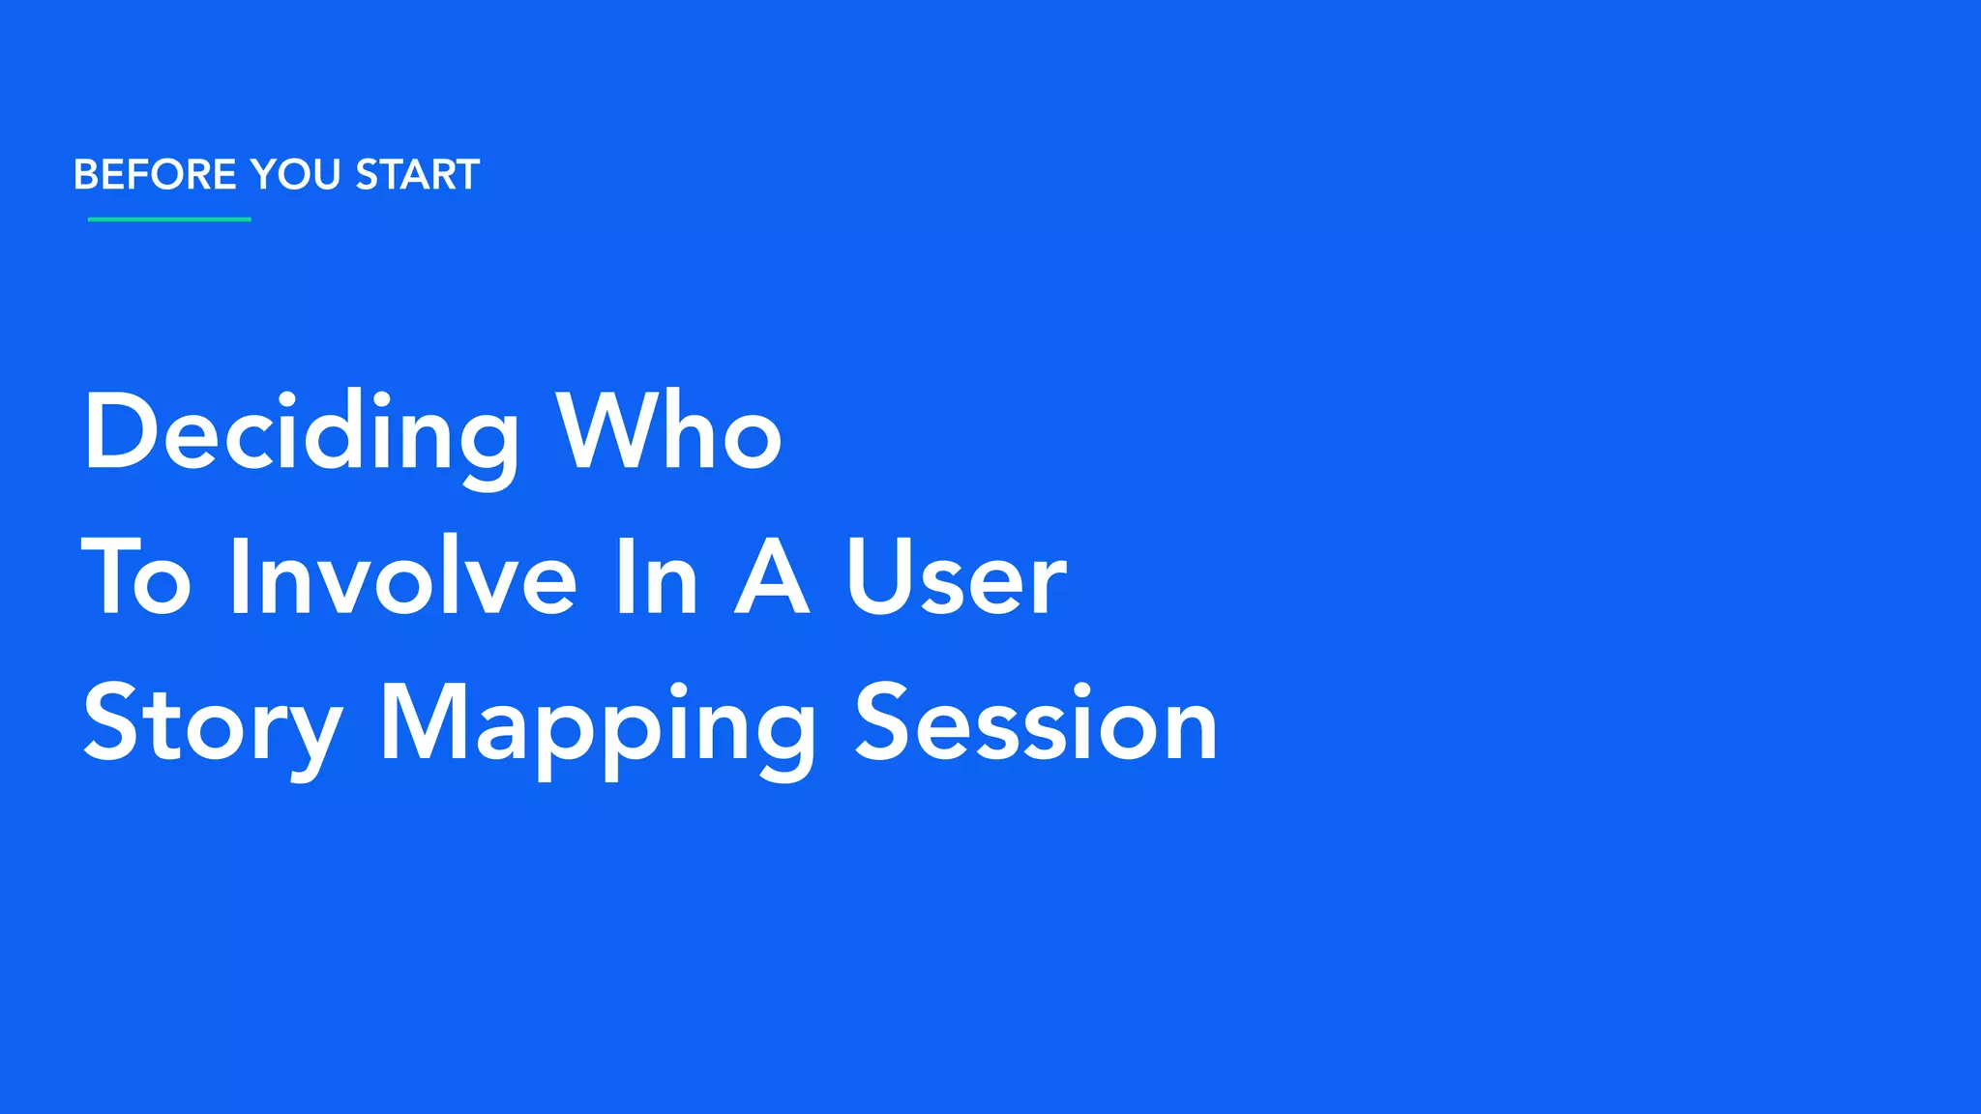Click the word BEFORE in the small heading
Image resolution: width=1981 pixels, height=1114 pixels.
point(155,175)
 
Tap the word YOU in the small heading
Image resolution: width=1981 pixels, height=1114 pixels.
point(295,175)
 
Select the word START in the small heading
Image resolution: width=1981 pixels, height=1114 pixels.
point(417,175)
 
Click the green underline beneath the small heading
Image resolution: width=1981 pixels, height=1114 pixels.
point(169,220)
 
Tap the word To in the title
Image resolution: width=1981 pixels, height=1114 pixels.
point(136,578)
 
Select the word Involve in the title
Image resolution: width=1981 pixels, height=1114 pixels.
point(403,578)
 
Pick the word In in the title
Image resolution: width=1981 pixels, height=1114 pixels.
point(657,578)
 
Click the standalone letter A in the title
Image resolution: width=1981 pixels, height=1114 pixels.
point(771,578)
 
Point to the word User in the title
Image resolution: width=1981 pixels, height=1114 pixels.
point(957,578)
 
